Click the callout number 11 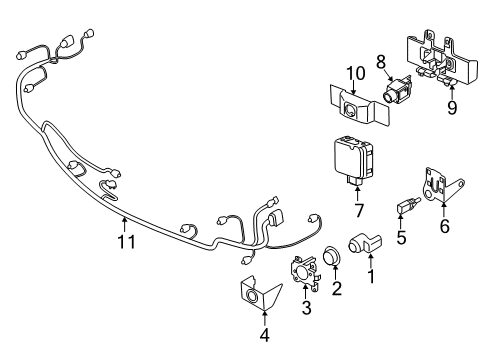tap(127, 242)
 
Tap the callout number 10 tap(356, 73)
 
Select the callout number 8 tap(381, 62)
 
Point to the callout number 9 tap(452, 107)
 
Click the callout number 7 tap(359, 210)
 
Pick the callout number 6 tap(445, 226)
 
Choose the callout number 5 tap(401, 237)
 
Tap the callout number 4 tap(264, 335)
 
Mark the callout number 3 tap(306, 307)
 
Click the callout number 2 tap(337, 288)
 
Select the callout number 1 tap(371, 276)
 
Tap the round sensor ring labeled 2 tap(332, 255)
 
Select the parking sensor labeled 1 tap(365, 243)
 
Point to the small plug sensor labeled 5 tap(408, 206)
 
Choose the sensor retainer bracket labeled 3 tap(305, 273)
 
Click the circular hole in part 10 tap(351, 109)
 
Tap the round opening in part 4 tap(252, 295)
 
